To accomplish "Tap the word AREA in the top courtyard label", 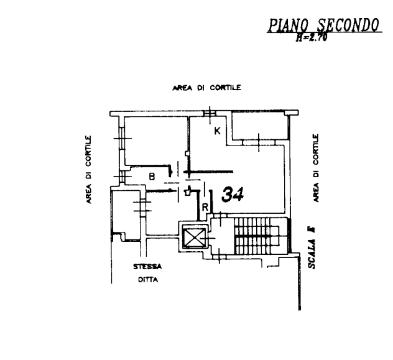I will click(181, 89).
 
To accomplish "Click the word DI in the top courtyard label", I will click(200, 89).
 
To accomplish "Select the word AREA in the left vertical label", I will click(90, 193).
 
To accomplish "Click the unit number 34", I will click(232, 195).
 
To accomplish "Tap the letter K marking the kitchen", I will click(217, 131).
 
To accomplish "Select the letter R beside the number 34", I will click(205, 206).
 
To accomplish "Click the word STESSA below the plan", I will click(148, 267).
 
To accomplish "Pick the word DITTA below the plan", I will click(148, 279).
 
